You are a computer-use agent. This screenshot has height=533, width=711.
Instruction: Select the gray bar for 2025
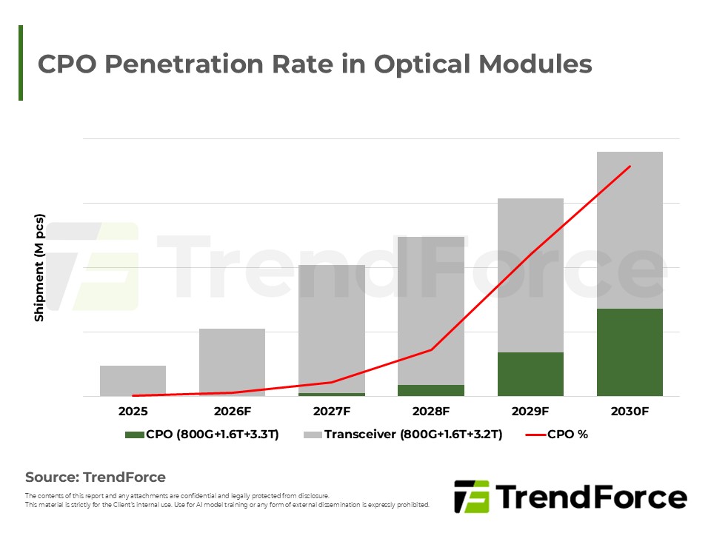point(133,381)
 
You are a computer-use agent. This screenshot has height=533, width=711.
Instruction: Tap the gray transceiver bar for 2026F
point(232,362)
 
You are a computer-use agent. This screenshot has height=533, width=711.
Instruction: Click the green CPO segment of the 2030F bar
point(629,352)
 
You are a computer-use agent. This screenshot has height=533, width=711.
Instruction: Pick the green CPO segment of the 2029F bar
point(530,374)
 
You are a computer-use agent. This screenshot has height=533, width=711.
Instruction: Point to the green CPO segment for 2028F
point(431,390)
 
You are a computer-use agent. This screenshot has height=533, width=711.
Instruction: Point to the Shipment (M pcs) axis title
point(39,268)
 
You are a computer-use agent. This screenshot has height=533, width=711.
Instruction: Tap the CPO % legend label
point(567,435)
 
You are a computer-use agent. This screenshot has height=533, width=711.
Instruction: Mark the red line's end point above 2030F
point(630,167)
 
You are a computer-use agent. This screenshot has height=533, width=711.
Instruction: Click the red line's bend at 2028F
point(431,349)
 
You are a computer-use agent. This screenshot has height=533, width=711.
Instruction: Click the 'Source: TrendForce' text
point(96,477)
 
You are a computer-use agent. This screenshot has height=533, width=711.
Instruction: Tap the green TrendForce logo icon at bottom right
point(471,496)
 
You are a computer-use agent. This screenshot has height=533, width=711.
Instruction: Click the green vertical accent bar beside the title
point(21,63)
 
